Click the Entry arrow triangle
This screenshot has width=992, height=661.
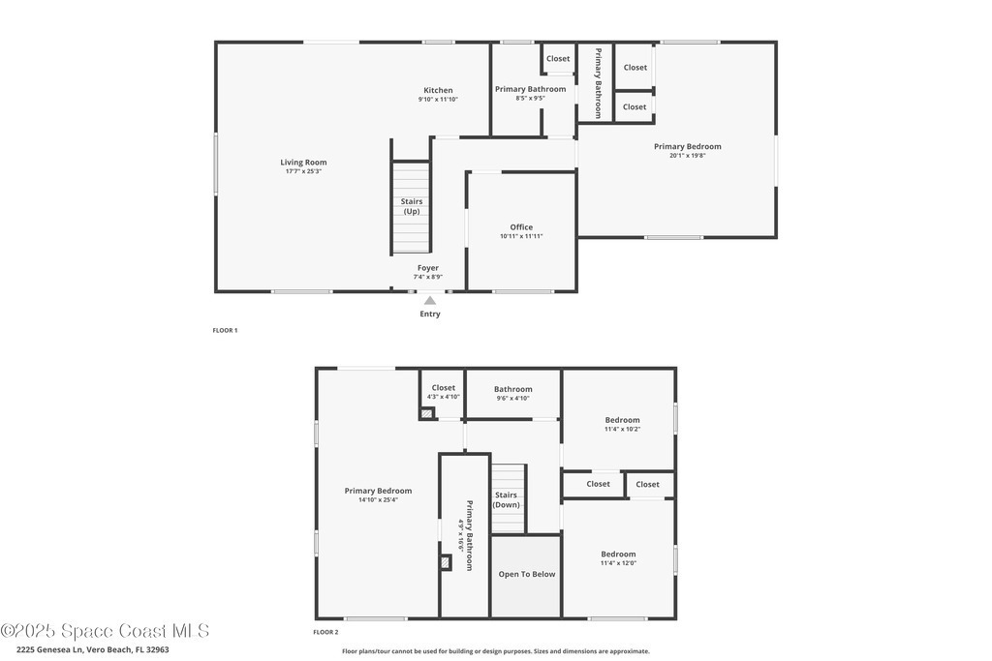pos(430,300)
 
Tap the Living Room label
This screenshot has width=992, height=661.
pos(303,163)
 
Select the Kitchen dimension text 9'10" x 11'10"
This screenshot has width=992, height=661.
pos(438,100)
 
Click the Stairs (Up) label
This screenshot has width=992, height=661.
pos(411,207)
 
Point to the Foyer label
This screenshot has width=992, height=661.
pos(428,268)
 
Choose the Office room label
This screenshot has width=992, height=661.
pos(521,226)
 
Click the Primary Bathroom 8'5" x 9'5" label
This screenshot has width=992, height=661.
pos(530,93)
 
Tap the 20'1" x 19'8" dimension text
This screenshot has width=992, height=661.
pos(688,156)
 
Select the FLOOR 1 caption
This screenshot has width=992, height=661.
pos(225,330)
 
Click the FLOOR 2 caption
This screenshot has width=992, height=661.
pos(325,632)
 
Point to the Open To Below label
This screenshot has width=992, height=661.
pos(527,575)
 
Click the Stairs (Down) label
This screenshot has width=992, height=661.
pos(506,499)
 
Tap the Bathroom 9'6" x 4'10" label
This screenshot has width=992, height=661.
pos(513,393)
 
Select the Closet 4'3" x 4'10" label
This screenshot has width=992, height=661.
pos(444,392)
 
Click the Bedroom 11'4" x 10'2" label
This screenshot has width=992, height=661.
pos(623,424)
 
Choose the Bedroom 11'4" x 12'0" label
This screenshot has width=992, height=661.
pos(619,558)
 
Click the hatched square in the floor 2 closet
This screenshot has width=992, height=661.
pos(427,414)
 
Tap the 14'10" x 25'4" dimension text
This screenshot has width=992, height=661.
pos(379,499)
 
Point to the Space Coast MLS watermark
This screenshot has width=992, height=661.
pos(105,631)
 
